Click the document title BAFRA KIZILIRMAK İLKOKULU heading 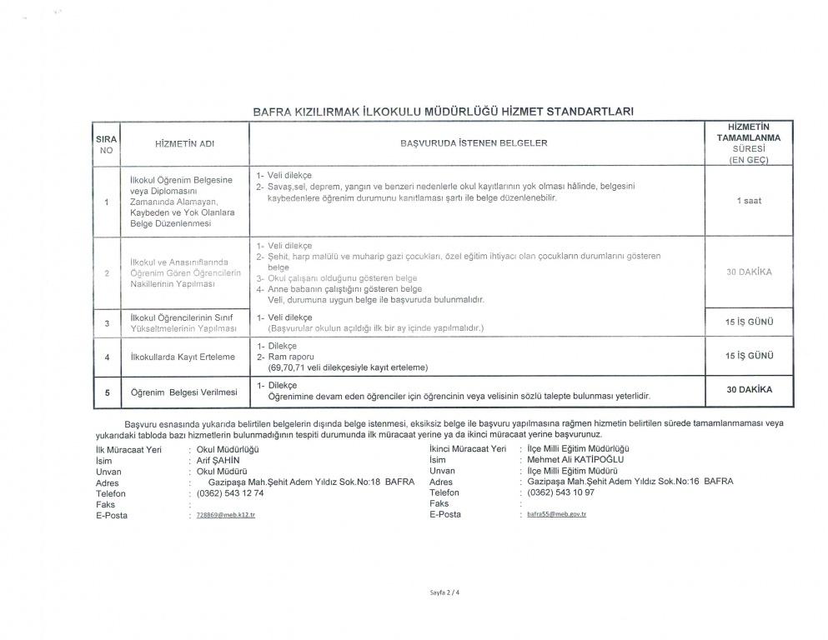click(443, 111)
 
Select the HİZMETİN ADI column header click(185, 144)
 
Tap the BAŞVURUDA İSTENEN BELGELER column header click(474, 143)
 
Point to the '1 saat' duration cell click(748, 201)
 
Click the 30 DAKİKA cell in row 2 click(749, 272)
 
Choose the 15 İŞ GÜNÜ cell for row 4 click(749, 356)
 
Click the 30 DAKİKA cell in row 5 click(749, 389)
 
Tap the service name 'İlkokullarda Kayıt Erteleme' click(183, 357)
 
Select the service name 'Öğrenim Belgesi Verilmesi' click(183, 392)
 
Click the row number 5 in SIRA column click(107, 392)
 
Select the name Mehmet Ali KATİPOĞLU click(576, 459)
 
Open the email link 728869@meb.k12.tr click(225, 516)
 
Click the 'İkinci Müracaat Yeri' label click(467, 448)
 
